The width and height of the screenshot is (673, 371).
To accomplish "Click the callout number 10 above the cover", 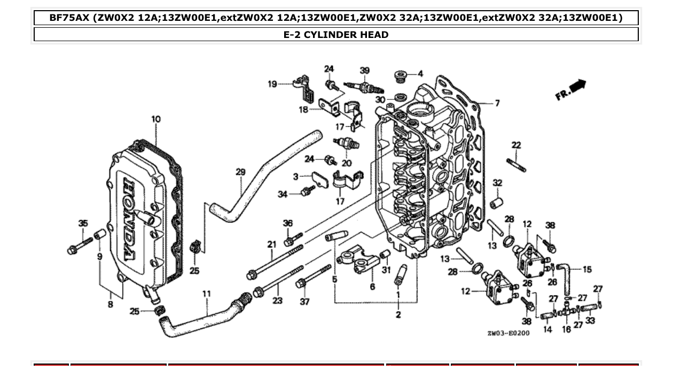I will click(155, 119).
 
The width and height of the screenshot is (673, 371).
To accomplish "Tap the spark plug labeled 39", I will click(358, 86).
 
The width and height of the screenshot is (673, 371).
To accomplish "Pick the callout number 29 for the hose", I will click(240, 172).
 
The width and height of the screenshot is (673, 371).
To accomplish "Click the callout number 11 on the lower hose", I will click(207, 293).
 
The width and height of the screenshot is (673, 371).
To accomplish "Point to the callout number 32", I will click(497, 183).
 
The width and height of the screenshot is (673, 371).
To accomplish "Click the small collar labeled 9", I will click(99, 235).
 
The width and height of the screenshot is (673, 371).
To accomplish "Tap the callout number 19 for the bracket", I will click(272, 83).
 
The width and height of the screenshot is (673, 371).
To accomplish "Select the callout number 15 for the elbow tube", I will click(587, 269).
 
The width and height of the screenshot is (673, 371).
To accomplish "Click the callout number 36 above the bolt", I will click(288, 223).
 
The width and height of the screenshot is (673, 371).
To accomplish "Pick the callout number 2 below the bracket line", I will click(398, 314).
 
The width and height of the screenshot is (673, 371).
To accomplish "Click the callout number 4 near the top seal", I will click(420, 73).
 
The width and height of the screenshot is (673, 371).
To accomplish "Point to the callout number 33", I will click(590, 321).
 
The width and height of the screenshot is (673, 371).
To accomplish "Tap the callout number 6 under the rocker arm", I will click(372, 287).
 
